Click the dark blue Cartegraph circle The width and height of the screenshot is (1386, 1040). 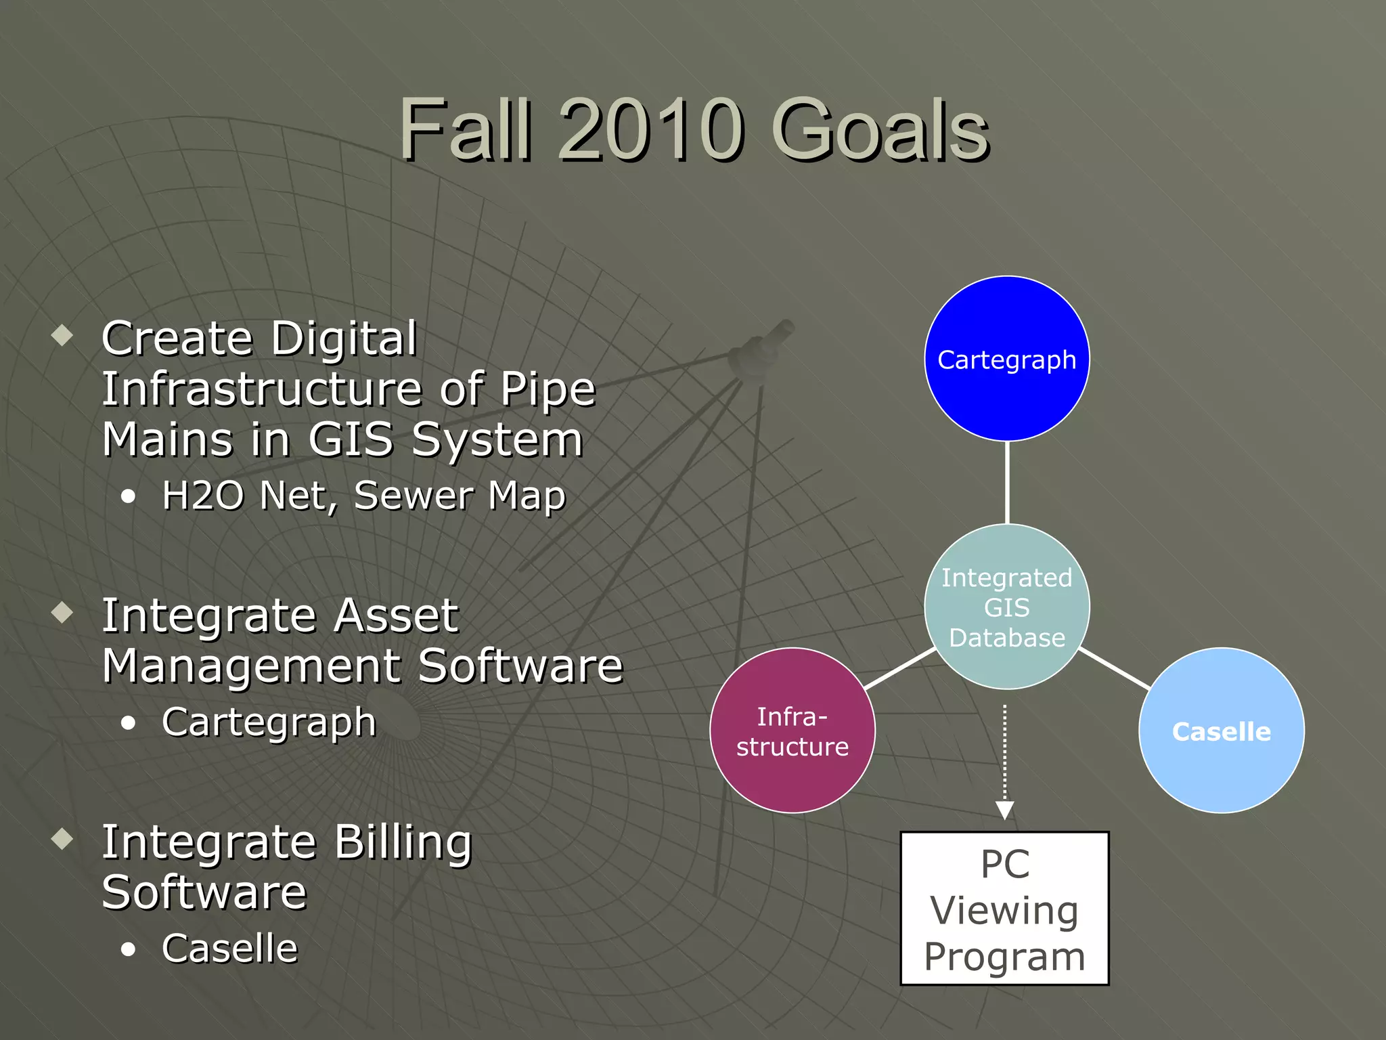tap(1006, 359)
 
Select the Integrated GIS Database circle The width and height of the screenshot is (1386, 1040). tap(1006, 607)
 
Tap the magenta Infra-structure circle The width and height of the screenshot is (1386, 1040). tap(792, 731)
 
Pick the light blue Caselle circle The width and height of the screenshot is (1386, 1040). tap(1221, 731)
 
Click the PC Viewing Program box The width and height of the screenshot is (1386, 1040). tap(1004, 909)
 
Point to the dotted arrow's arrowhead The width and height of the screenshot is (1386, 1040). tap(1004, 810)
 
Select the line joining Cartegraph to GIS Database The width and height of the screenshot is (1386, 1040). tap(1007, 482)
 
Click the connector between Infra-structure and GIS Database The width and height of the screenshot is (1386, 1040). tap(900, 668)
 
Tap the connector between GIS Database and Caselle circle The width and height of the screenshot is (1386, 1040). tap(1114, 668)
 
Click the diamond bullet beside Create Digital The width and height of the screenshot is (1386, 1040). tap(62, 334)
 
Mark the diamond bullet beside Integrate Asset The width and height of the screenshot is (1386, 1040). tap(62, 612)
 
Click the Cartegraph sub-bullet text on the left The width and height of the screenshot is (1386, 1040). tap(269, 722)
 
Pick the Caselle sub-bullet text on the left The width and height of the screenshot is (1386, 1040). tap(229, 948)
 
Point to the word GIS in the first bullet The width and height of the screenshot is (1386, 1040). tap(351, 440)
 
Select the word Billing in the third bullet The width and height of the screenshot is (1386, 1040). tap(403, 844)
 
